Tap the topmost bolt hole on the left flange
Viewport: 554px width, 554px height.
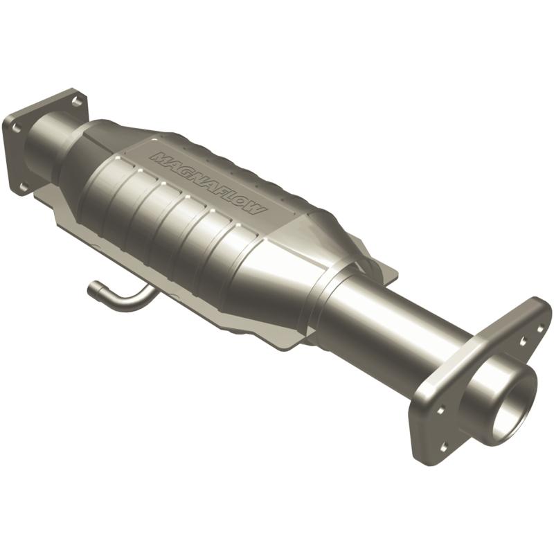tap(76, 102)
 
